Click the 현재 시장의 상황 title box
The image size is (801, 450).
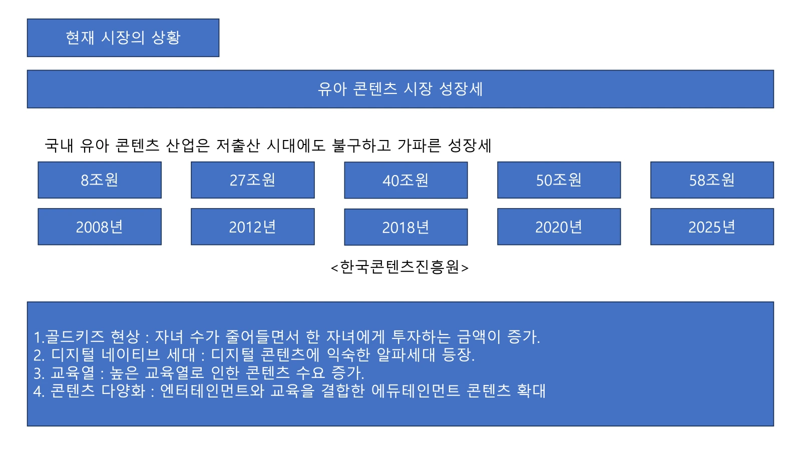123,38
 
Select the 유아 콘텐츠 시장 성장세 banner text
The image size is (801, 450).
400,88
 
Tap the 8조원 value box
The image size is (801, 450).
100,180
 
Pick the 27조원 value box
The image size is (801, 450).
253,180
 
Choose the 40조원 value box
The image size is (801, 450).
406,180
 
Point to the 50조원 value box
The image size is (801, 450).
559,180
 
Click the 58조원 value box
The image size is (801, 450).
712,180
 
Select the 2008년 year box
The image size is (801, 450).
100,227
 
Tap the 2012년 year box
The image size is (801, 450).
253,227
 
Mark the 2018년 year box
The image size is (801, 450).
406,227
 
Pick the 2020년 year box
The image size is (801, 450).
559,227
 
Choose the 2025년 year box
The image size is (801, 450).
712,227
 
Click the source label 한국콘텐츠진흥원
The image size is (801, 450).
400,267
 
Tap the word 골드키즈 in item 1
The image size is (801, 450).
75,336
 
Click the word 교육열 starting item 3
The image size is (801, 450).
73,373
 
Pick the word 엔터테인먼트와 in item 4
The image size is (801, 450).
212,390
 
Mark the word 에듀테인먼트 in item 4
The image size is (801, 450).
416,390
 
